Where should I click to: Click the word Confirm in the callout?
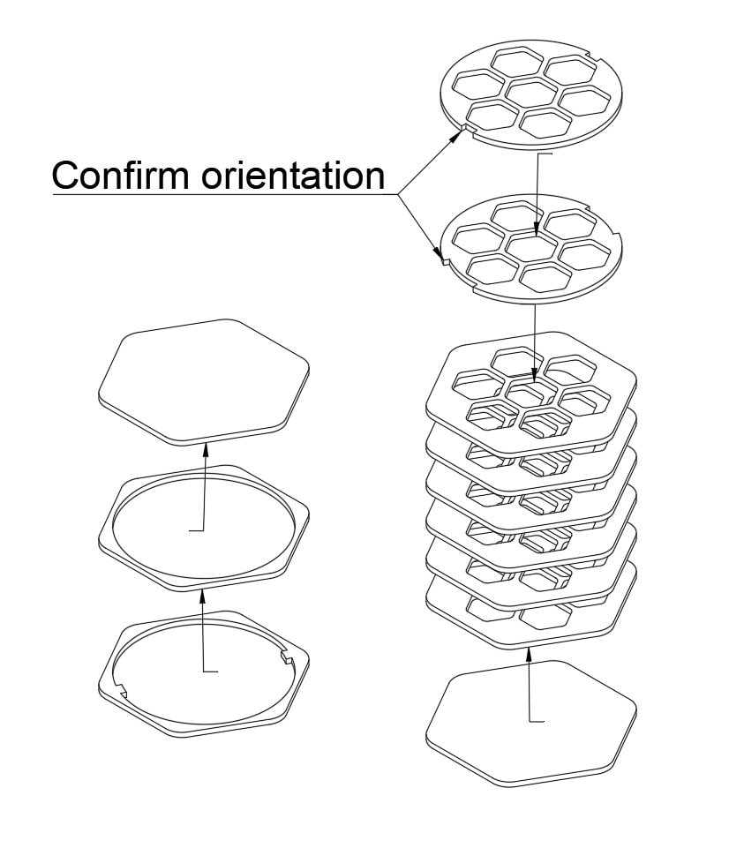(x=121, y=176)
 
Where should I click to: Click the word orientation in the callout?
(x=293, y=176)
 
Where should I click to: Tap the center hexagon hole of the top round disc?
(x=532, y=92)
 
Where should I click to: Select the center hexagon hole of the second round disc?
(x=532, y=247)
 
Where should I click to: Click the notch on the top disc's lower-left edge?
(x=469, y=128)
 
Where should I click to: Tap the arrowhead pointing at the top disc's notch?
(x=458, y=134)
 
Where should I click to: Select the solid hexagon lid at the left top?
(x=204, y=382)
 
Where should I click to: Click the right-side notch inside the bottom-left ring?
(x=286, y=657)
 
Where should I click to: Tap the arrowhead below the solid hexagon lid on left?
(x=206, y=450)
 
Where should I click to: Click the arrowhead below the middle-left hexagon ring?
(x=203, y=596)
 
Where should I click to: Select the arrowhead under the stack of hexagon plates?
(x=529, y=655)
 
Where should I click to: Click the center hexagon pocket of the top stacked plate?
(x=532, y=391)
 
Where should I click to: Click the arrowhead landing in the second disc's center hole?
(x=537, y=229)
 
